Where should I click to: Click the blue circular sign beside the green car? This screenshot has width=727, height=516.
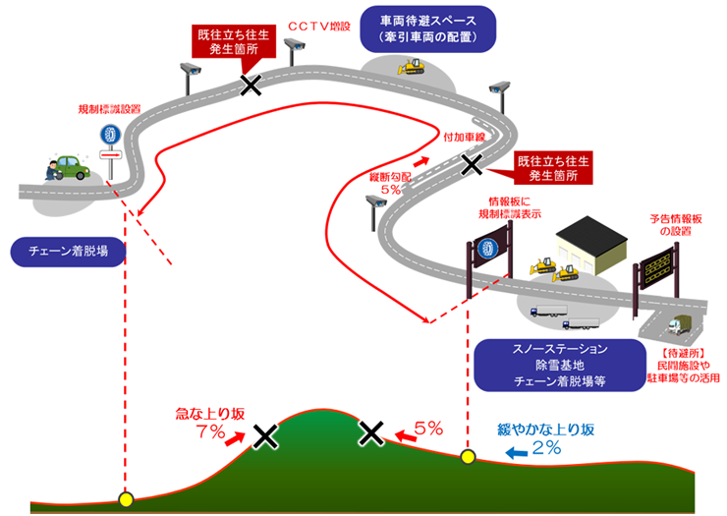click(109, 135)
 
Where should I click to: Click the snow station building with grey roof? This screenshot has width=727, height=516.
click(588, 247)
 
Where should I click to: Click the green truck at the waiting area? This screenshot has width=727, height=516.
click(682, 323)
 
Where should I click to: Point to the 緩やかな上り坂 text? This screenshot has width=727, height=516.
click(546, 430)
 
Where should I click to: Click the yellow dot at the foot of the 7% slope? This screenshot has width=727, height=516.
click(125, 499)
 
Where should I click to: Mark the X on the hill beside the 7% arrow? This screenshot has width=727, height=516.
click(264, 435)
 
